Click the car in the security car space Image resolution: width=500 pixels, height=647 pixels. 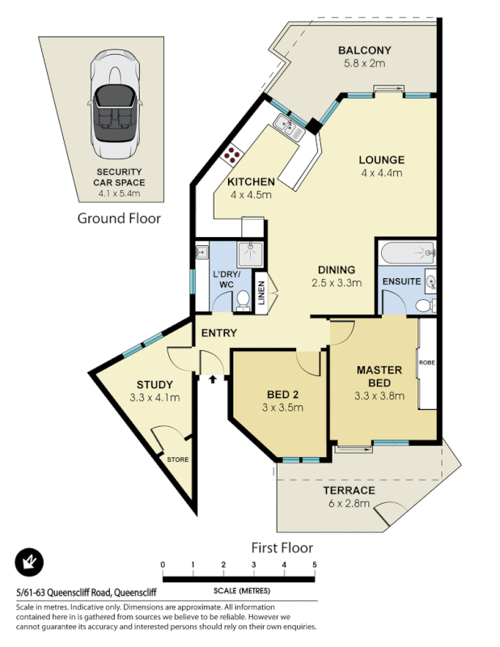pyautogui.click(x=117, y=104)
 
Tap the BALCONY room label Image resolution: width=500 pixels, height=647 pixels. pyautogui.click(x=365, y=50)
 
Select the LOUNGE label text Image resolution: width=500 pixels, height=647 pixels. pyautogui.click(x=381, y=159)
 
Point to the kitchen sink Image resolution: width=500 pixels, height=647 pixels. pyautogui.click(x=286, y=124)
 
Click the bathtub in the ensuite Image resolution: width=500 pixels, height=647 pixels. pyautogui.click(x=408, y=253)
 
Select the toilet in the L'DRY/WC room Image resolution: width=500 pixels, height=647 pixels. pyautogui.click(x=243, y=302)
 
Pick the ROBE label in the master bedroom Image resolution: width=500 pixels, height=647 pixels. pyautogui.click(x=426, y=363)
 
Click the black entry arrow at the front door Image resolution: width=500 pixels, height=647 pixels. pyautogui.click(x=213, y=377)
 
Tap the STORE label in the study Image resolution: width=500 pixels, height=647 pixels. pyautogui.click(x=177, y=459)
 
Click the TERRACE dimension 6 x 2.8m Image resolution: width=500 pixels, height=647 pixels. pyautogui.click(x=349, y=503)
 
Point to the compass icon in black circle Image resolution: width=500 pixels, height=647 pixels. pyautogui.click(x=29, y=562)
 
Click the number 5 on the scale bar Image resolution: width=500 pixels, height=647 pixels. pyautogui.click(x=314, y=565)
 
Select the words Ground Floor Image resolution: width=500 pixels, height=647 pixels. pyautogui.click(x=118, y=218)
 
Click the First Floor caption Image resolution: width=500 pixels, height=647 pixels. pyautogui.click(x=282, y=548)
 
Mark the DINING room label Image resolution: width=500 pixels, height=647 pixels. pyautogui.click(x=336, y=269)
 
